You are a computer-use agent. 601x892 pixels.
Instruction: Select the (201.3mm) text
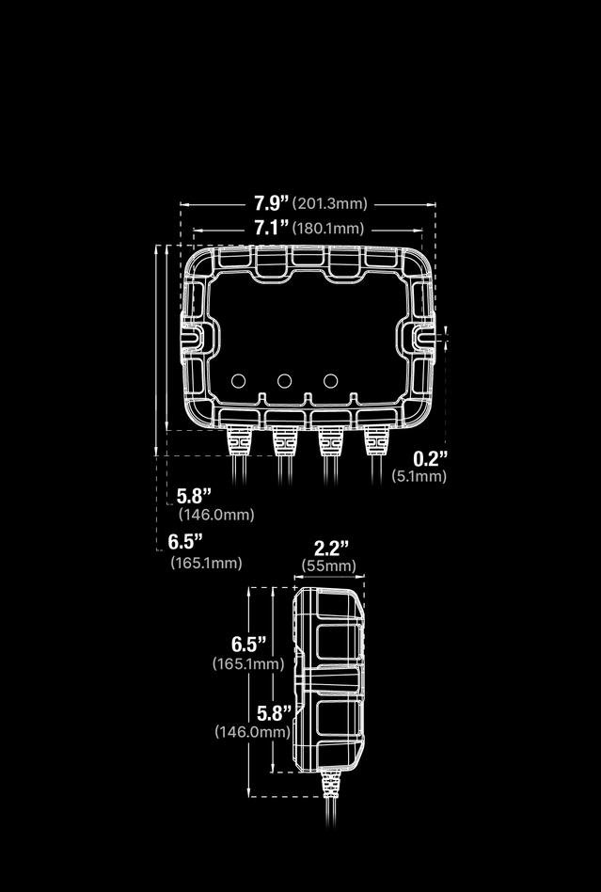click(329, 203)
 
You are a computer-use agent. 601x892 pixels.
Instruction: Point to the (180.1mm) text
click(328, 229)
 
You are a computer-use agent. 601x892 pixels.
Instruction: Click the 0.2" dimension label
click(431, 458)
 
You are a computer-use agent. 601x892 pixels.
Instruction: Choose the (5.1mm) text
click(419, 477)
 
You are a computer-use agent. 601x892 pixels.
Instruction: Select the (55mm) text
click(329, 565)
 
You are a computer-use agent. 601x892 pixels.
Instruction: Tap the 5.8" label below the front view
click(195, 496)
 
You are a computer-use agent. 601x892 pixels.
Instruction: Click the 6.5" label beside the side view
click(249, 645)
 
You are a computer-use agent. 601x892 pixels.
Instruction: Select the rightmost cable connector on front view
click(375, 438)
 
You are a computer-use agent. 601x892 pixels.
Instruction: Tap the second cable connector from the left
click(283, 438)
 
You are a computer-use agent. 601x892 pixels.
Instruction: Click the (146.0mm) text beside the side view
click(252, 731)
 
